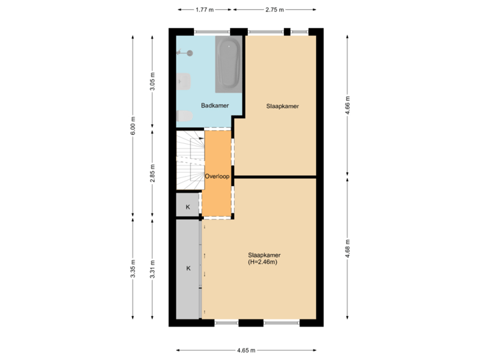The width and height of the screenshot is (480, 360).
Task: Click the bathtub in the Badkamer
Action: click(229, 64)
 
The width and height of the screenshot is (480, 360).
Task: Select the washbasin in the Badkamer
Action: click(183, 82)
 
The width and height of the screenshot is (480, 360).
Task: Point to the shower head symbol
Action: click(189, 52)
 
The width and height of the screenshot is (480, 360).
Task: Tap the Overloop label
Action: click(217, 177)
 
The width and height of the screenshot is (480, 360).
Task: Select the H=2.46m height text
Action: click(263, 262)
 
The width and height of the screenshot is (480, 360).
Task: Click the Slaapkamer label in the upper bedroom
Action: click(282, 106)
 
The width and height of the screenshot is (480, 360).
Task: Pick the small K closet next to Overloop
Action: click(188, 207)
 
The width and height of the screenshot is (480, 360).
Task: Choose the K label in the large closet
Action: click(188, 268)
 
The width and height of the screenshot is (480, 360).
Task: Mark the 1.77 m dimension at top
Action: click(204, 10)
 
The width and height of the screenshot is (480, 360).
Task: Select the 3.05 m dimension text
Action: click(153, 81)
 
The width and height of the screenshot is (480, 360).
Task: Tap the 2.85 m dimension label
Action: click(153, 173)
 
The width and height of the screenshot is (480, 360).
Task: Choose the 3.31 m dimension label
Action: click(153, 268)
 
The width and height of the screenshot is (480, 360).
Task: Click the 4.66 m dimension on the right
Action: click(347, 105)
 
